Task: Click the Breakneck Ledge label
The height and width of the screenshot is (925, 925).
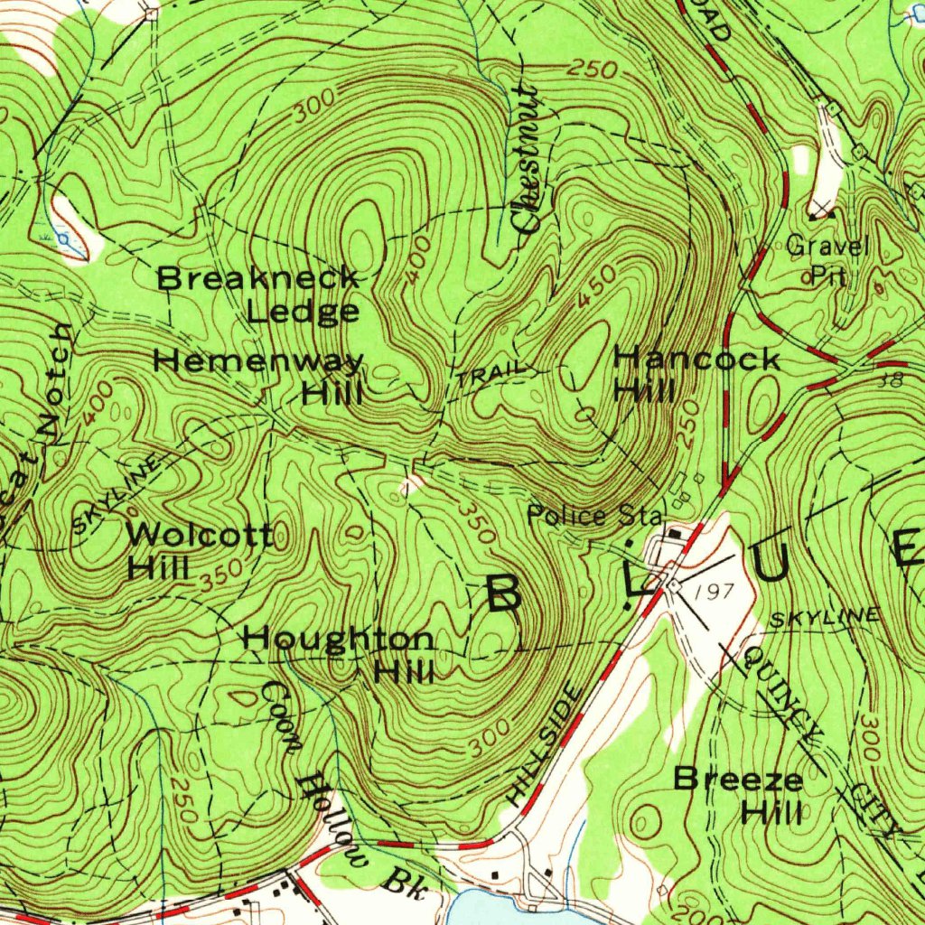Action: click(x=259, y=294)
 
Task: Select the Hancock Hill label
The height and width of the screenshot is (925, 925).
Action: click(x=696, y=374)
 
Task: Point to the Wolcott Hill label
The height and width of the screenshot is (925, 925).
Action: click(x=199, y=550)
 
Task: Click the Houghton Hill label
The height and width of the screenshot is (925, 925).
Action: click(x=339, y=655)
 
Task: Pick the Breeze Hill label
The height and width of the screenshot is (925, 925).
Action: click(x=739, y=794)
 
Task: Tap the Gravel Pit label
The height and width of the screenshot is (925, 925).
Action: click(x=827, y=260)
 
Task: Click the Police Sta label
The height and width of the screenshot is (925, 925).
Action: click(x=595, y=516)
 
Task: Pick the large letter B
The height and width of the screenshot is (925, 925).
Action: click(x=503, y=593)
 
